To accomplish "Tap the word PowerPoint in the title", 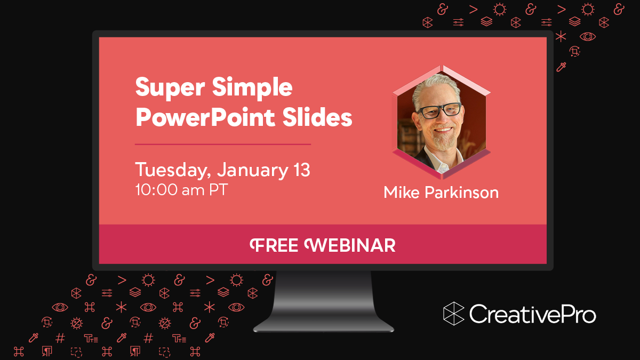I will click(x=198, y=117).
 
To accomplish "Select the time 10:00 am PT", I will click(x=181, y=190).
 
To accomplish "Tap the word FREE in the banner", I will click(x=275, y=245).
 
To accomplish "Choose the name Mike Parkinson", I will click(x=441, y=192).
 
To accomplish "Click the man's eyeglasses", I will click(x=438, y=111).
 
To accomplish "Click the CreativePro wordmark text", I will click(x=532, y=313).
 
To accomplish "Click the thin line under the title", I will click(x=223, y=144).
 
